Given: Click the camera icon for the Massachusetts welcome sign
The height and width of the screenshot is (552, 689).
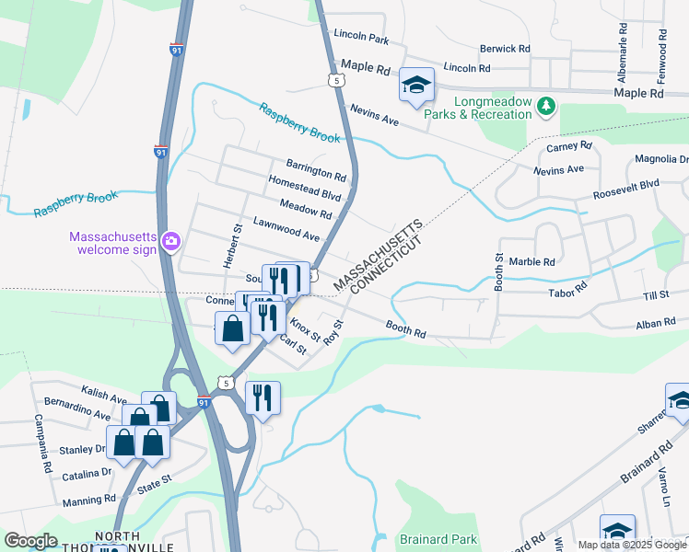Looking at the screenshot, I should click(170, 242).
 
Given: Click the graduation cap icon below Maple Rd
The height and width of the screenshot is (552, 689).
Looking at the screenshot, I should click(416, 86).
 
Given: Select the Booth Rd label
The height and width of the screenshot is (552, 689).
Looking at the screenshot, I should click(405, 328).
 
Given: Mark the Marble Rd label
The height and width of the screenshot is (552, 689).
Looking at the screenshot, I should click(531, 262).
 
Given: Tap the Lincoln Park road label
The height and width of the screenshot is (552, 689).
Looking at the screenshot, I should click(362, 38).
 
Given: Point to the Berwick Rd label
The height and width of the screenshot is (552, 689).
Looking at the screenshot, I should click(505, 48).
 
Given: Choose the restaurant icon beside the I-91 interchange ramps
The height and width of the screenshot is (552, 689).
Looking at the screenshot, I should click(263, 397).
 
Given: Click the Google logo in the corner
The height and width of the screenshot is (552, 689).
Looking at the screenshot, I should click(30, 541).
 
